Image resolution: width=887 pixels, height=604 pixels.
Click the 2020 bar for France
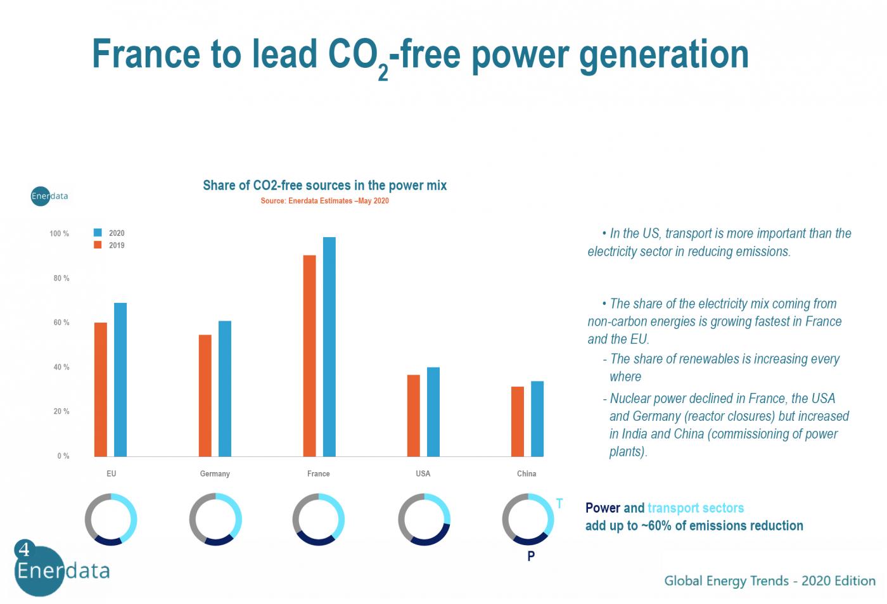tap(329, 347)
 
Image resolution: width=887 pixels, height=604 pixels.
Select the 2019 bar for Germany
tap(205, 395)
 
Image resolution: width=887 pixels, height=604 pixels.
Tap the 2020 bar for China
tap(537, 418)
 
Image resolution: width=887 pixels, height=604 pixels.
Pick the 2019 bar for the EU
tap(101, 389)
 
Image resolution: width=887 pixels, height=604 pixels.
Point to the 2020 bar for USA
tap(433, 411)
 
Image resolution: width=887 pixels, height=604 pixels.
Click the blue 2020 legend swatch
tap(98, 233)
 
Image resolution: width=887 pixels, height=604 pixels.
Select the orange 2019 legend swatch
tap(98, 245)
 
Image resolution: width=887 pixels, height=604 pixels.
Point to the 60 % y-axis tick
tap(61, 323)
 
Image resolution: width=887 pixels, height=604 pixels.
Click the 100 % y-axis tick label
tap(59, 234)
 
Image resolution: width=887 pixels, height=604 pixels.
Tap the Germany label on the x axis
tap(215, 473)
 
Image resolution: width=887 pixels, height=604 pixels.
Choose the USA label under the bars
tap(423, 473)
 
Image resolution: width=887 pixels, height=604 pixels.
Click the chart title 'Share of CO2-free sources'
tap(324, 186)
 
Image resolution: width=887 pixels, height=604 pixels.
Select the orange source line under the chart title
tap(324, 201)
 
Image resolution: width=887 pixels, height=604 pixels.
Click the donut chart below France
tap(318, 520)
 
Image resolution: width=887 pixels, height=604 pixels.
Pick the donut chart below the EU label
tap(111, 520)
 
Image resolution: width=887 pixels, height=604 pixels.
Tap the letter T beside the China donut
tap(559, 504)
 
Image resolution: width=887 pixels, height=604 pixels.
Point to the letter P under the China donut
tap(531, 556)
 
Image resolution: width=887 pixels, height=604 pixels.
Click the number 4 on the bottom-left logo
tap(25, 549)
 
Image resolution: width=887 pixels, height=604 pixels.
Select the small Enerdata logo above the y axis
tap(49, 196)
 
